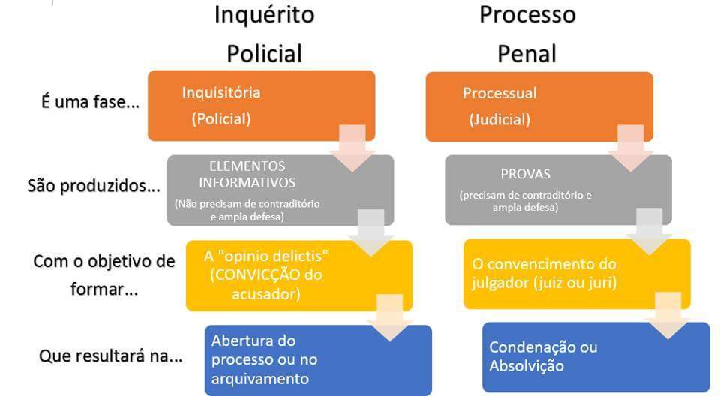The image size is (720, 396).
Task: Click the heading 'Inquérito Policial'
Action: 265,34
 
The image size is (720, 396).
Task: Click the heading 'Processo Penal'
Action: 527,34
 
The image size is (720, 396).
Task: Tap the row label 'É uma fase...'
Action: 91,101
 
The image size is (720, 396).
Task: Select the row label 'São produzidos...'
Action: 94,186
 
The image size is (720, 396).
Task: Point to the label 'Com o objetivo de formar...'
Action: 104,274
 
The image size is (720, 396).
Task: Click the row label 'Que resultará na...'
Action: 111,355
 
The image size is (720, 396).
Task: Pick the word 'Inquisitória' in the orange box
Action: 221,92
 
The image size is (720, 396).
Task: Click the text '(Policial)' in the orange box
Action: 221,119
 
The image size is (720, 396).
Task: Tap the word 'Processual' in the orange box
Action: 499,93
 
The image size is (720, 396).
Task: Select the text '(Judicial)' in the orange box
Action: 499,120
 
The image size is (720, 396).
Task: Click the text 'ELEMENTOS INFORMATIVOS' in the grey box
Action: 247,175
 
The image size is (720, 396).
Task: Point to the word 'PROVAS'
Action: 525,174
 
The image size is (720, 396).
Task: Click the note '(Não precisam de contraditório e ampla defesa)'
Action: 247,210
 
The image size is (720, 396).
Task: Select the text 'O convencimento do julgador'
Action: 544,273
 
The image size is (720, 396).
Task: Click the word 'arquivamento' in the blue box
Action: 260,379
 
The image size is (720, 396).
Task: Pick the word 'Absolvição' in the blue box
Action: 526,366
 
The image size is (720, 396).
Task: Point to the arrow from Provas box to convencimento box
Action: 649,232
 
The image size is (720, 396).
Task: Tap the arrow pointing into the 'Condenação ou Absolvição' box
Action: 667,316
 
